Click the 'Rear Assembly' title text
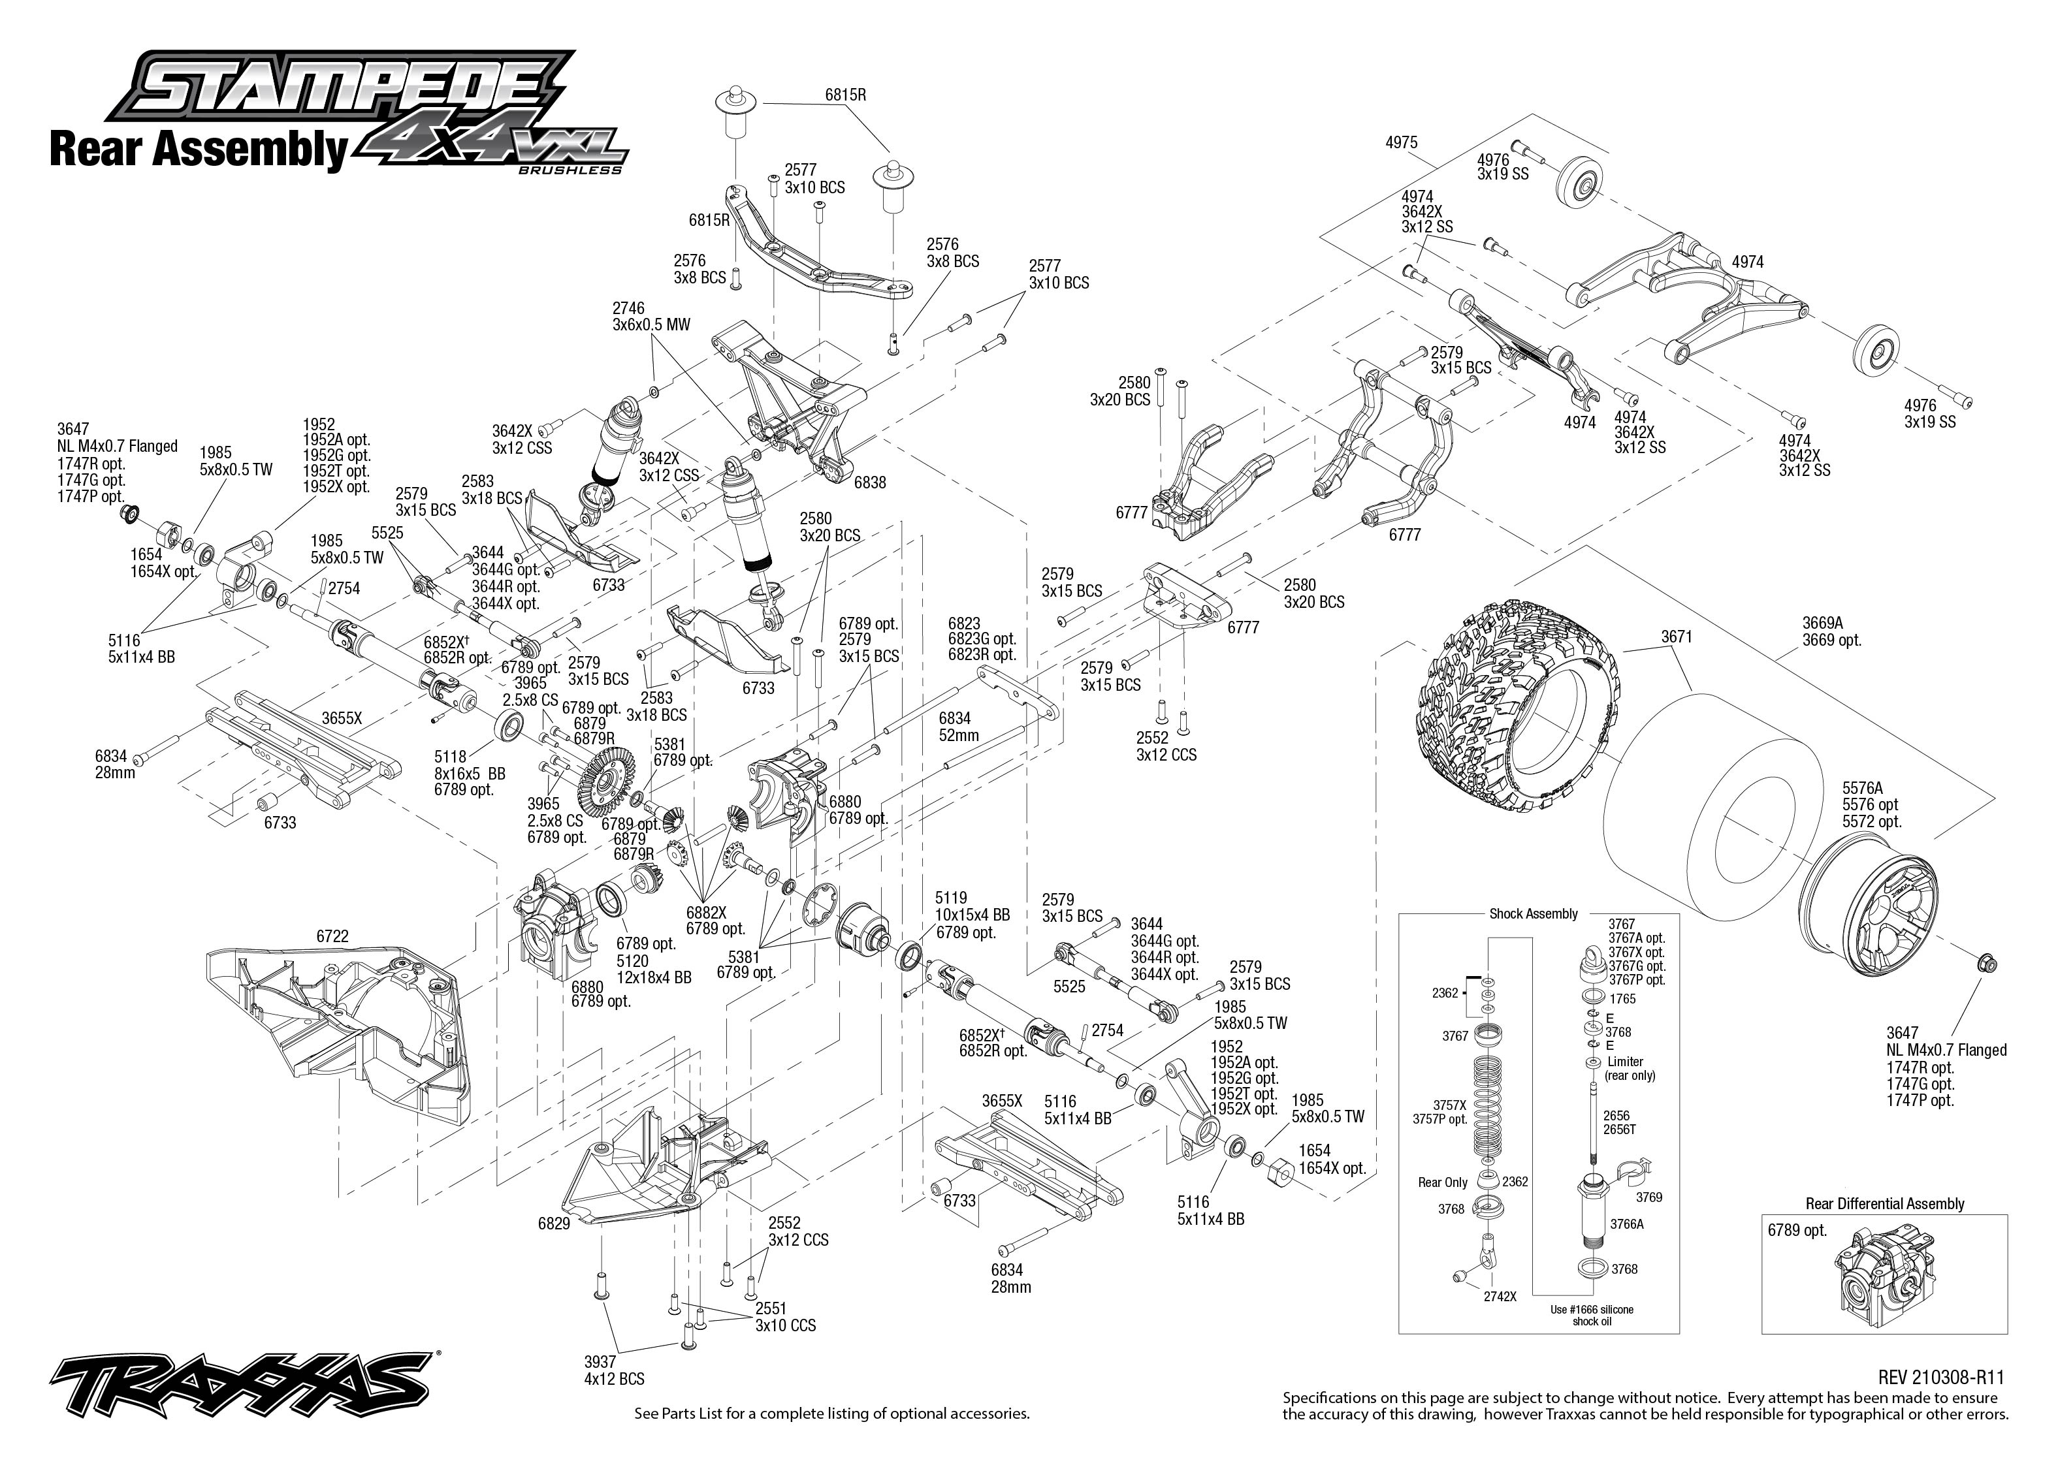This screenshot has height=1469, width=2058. click(197, 150)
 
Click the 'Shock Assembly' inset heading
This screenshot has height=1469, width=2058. click(1534, 913)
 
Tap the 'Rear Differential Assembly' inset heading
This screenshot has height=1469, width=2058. click(1884, 1204)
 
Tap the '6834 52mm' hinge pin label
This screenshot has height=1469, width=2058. click(958, 727)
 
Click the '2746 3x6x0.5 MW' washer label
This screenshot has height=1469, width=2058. click(651, 317)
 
